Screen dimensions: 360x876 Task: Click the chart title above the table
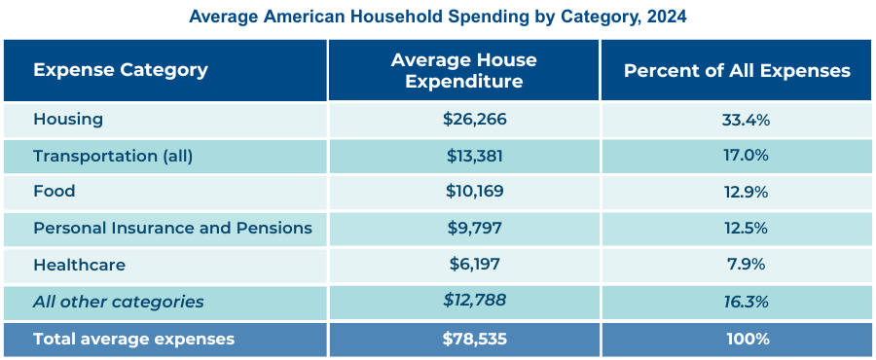coord(438,17)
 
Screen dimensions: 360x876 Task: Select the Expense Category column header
coord(121,70)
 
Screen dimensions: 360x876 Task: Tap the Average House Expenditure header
coord(463,71)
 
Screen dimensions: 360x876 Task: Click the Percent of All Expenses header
coord(737,71)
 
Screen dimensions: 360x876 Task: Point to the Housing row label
coord(68,119)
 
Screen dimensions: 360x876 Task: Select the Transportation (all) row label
coord(113,156)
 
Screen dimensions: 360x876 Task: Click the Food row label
coord(55,192)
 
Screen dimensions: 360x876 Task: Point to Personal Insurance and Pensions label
coord(172,228)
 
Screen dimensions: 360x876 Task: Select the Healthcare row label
coord(79,265)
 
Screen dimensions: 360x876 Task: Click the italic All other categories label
coord(119,302)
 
